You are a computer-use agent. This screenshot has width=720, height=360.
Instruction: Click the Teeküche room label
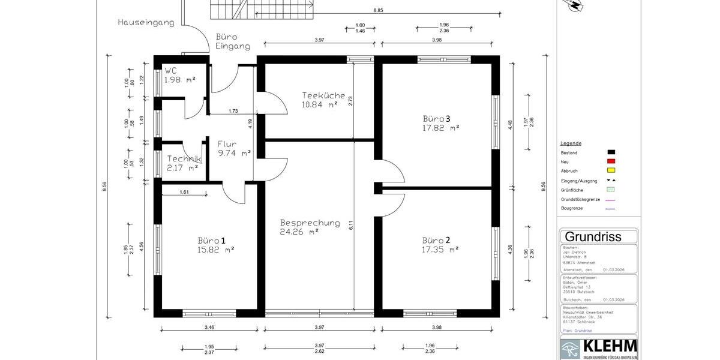pyautogui.click(x=323, y=95)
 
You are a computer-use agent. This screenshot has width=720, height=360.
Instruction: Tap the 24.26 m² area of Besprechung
pyautogui.click(x=299, y=231)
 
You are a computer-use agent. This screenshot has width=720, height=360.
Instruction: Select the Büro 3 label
pyautogui.click(x=440, y=118)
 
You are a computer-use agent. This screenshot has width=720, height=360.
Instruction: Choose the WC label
pyautogui.click(x=171, y=71)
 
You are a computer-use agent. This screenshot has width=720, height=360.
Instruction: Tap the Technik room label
pyautogui.click(x=184, y=158)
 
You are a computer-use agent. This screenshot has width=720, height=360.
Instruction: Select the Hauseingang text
pyautogui.click(x=146, y=23)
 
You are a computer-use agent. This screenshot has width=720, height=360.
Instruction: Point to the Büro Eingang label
pyautogui.click(x=232, y=41)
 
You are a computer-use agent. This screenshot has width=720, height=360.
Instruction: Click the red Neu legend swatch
pyautogui.click(x=611, y=162)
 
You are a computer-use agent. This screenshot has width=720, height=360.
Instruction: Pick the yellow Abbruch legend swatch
pyautogui.click(x=611, y=171)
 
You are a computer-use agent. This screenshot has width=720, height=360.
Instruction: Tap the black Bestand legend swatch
pyautogui.click(x=611, y=153)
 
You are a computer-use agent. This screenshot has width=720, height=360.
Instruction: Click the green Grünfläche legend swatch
pyautogui.click(x=611, y=190)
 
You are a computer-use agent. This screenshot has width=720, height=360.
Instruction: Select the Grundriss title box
pyautogui.click(x=593, y=236)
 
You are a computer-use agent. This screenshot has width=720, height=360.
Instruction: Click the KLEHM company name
pyautogui.click(x=609, y=347)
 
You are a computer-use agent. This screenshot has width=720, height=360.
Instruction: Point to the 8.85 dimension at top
pyautogui.click(x=378, y=10)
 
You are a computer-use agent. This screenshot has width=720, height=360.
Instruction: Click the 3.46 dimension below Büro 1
pyautogui.click(x=209, y=327)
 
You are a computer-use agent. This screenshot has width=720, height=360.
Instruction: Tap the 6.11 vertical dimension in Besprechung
pyautogui.click(x=351, y=225)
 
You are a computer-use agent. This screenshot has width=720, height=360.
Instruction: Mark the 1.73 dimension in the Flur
pyautogui.click(x=233, y=111)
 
